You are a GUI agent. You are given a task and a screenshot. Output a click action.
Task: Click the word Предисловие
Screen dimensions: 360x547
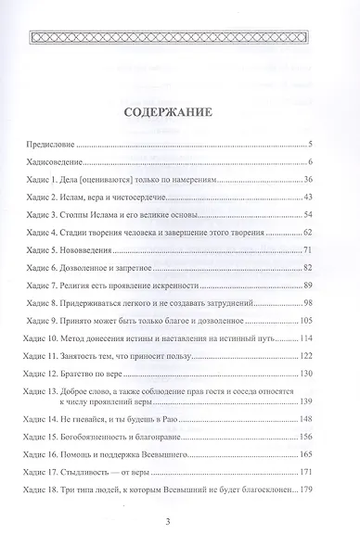[48, 146]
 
